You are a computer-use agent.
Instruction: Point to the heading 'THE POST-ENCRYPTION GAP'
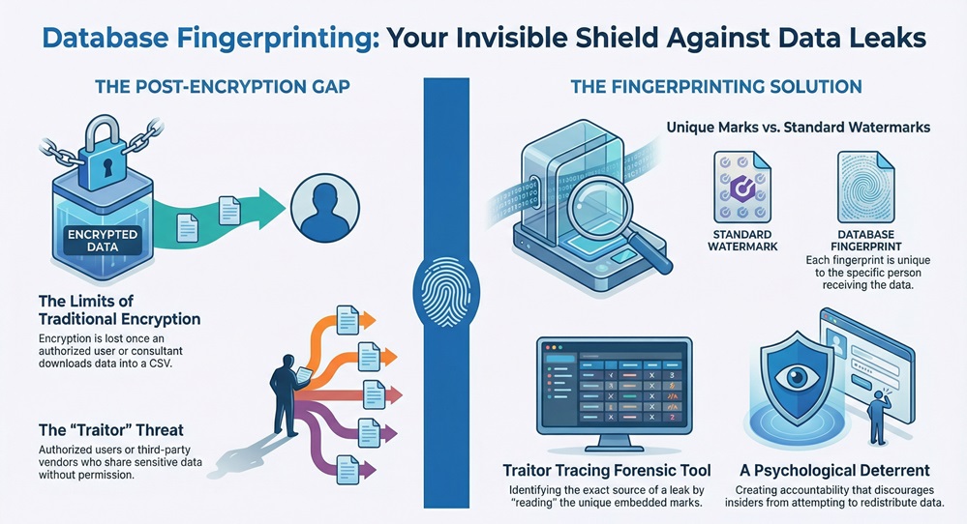222,87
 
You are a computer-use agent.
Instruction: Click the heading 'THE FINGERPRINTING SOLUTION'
716,87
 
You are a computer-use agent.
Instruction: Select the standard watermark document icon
740,186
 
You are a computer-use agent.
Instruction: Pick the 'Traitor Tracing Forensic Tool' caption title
607,471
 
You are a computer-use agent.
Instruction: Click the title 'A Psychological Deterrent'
833,471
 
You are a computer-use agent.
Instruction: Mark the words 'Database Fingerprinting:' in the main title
207,39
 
